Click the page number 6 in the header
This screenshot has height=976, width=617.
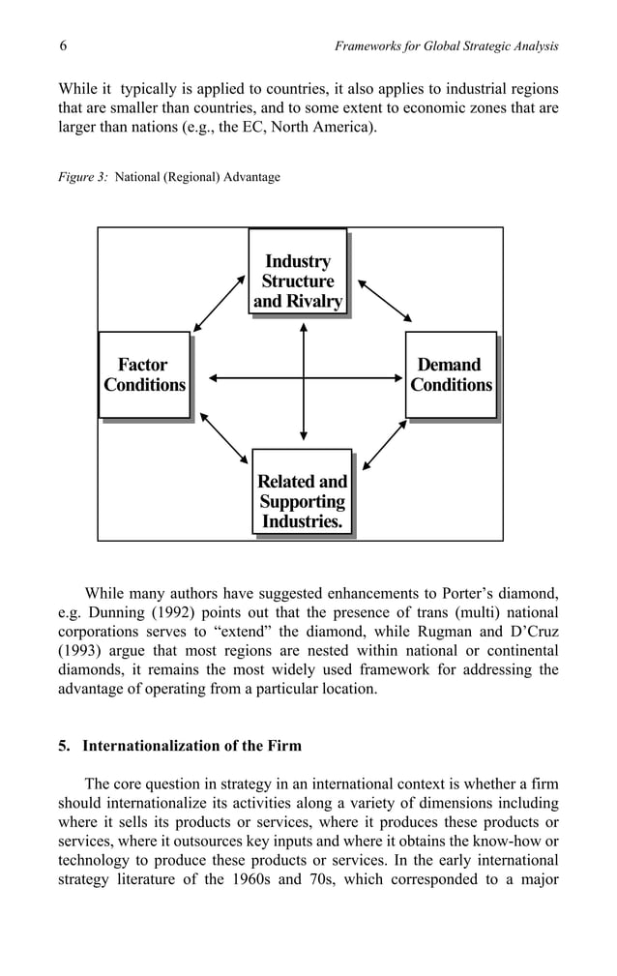[62, 46]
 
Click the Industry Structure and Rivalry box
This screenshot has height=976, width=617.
[297, 272]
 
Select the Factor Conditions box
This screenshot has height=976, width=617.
[144, 375]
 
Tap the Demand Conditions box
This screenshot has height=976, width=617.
[451, 375]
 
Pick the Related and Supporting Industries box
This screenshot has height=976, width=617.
[301, 492]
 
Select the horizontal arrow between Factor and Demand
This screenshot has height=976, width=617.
[303, 376]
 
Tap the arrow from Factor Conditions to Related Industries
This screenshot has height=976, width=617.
[220, 440]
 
